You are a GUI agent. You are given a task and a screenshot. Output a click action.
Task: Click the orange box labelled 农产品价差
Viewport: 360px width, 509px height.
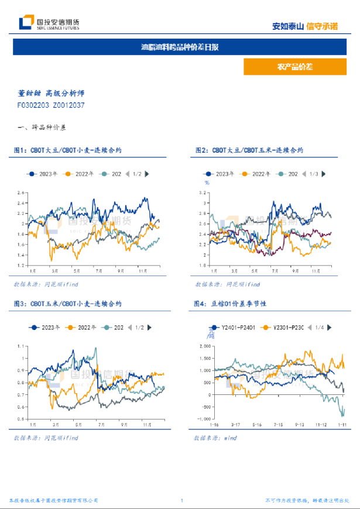point(294,67)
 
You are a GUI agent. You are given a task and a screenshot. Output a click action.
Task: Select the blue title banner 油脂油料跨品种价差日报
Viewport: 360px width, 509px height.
point(180,47)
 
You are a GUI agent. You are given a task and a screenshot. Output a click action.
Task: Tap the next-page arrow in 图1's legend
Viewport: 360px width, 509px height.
point(146,174)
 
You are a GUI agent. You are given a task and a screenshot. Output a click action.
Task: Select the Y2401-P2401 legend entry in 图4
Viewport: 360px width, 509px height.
point(229,328)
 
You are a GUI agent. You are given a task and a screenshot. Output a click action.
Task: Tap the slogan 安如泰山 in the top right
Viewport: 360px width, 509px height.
point(288,26)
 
